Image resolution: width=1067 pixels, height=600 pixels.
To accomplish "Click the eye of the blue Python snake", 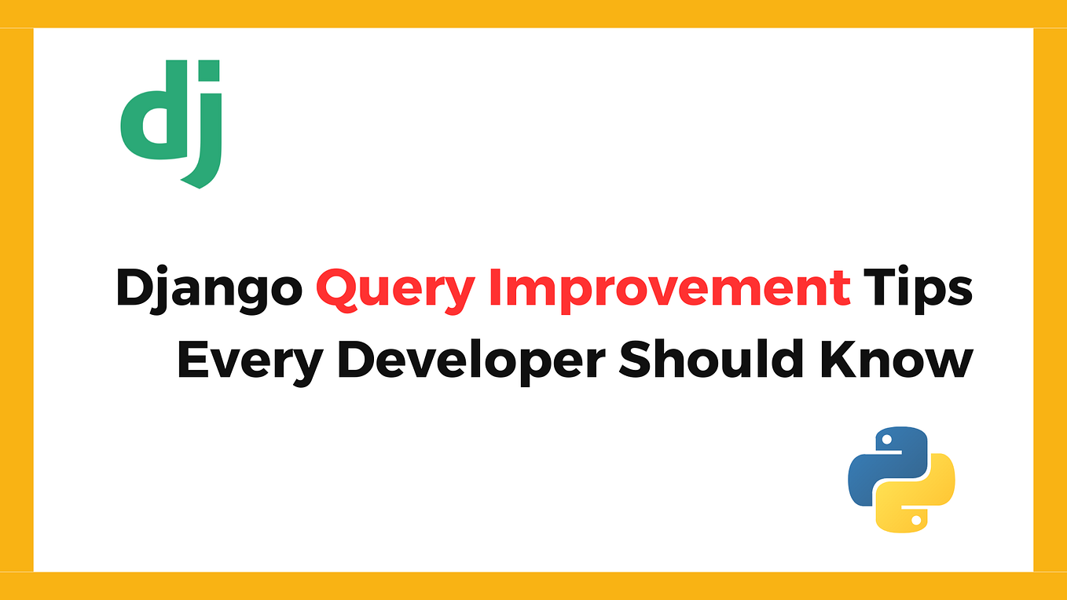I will [888, 440].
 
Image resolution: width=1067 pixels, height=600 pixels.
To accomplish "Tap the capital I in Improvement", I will [493, 287].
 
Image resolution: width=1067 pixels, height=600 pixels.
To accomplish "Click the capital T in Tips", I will [878, 287].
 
